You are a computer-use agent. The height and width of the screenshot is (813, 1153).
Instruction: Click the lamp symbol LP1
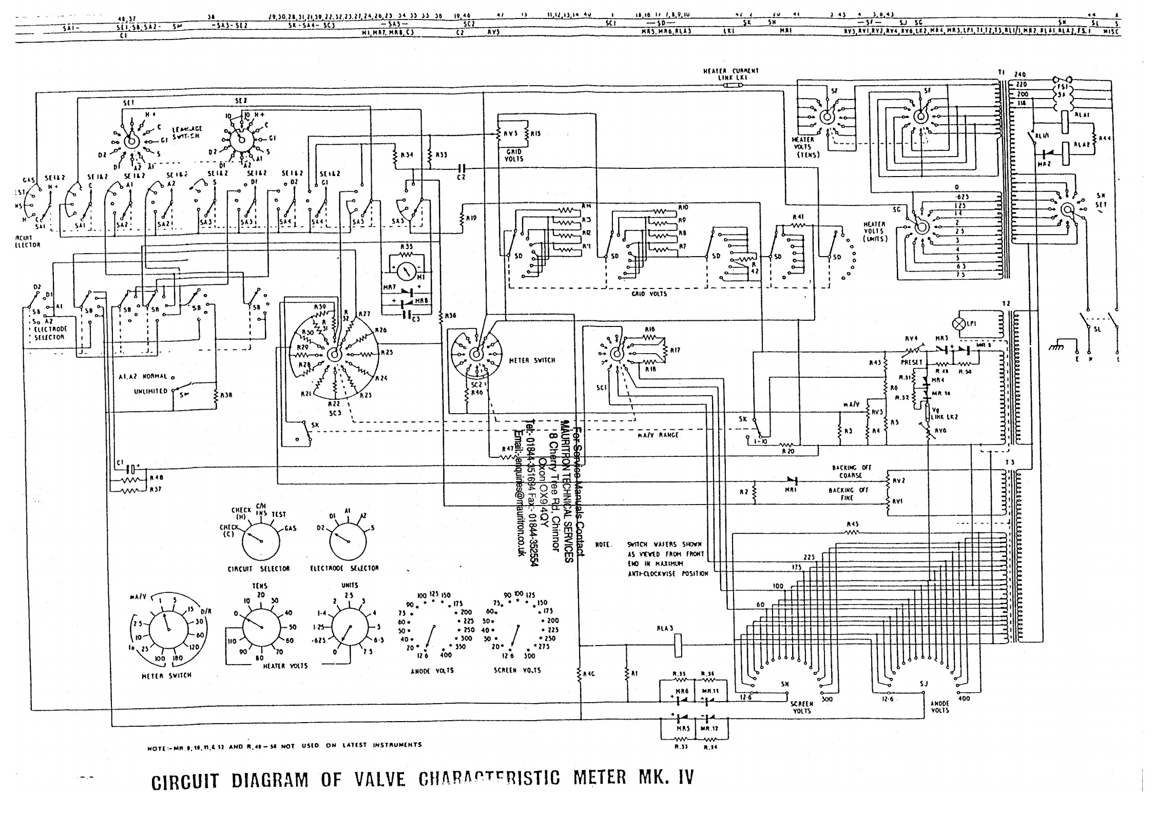(x=957, y=324)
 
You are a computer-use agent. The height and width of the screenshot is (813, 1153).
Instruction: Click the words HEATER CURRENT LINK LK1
(x=731, y=74)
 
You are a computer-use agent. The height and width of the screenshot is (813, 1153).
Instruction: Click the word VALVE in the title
(x=380, y=780)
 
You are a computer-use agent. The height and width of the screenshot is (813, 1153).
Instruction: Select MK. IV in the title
(x=665, y=778)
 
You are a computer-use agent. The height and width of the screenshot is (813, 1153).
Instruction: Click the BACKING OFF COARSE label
(x=851, y=471)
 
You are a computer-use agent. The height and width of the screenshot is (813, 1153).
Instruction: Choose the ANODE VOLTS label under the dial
(x=432, y=670)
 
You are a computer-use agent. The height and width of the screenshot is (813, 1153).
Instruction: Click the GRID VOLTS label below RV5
(x=513, y=156)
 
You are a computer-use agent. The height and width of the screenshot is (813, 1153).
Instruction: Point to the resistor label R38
(x=226, y=396)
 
